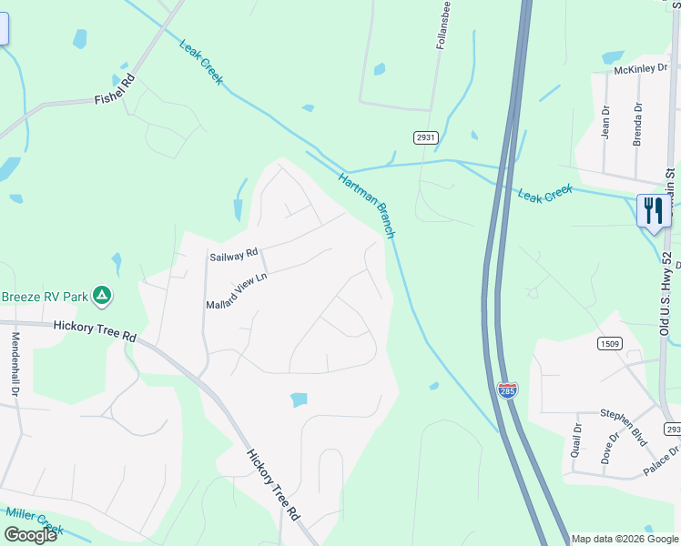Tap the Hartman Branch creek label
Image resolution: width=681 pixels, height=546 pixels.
(x=367, y=206)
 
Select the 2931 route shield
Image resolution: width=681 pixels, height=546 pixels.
(x=425, y=136)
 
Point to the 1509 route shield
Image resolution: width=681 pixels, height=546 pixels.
(x=610, y=343)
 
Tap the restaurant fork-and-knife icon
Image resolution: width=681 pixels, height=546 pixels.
(x=653, y=211)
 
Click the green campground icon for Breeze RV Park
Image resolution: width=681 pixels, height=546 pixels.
(x=103, y=295)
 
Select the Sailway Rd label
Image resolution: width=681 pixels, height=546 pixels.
(x=234, y=256)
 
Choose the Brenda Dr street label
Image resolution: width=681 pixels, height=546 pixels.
(x=637, y=124)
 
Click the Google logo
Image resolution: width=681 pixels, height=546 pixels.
(x=30, y=535)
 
